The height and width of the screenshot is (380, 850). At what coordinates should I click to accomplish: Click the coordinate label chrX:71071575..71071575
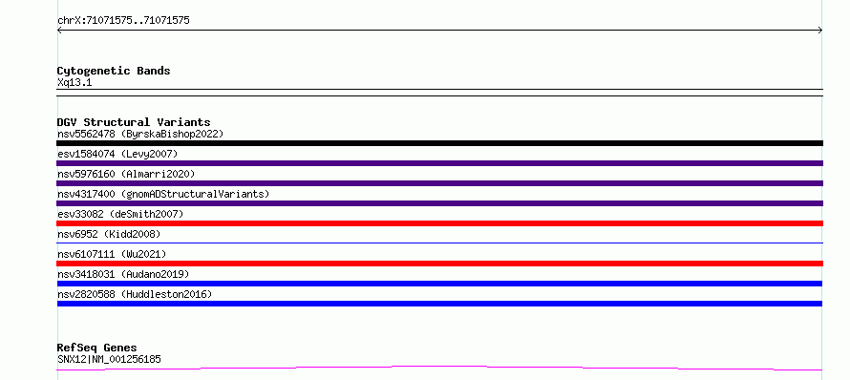pos(123,21)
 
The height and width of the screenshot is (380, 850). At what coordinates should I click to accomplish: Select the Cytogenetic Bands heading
pos(114,71)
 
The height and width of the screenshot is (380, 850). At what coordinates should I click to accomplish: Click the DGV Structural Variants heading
pos(134,122)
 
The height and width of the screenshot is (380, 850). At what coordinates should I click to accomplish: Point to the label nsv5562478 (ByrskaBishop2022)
pos(140,134)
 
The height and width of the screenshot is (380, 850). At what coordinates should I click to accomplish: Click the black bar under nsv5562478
pos(439,143)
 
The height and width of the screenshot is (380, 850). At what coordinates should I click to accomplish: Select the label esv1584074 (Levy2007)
pos(117,154)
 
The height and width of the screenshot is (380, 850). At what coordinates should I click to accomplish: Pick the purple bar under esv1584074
pos(439,163)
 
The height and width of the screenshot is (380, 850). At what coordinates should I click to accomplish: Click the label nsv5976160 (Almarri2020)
pos(126,174)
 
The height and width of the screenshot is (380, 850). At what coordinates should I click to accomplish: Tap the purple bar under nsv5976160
pos(439,183)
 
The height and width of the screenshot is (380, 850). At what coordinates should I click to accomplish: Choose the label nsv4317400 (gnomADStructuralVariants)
pos(163,194)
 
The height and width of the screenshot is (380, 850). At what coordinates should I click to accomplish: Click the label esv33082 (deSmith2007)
pos(120,214)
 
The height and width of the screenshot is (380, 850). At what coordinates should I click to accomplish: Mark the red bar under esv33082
pos(439,223)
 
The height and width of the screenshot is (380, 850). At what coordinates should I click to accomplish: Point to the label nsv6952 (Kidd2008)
pos(109,234)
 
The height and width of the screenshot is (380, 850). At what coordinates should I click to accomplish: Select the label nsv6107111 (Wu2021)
pos(112,254)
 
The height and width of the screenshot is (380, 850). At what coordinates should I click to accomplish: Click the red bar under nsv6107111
pos(439,264)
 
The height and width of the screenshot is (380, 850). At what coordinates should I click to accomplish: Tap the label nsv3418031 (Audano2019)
pos(123,274)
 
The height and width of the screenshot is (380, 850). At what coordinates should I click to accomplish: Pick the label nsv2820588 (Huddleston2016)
pos(135,294)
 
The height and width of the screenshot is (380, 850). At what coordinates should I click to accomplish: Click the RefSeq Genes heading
pos(97,348)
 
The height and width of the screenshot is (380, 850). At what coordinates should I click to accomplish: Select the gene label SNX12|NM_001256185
pos(109,359)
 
